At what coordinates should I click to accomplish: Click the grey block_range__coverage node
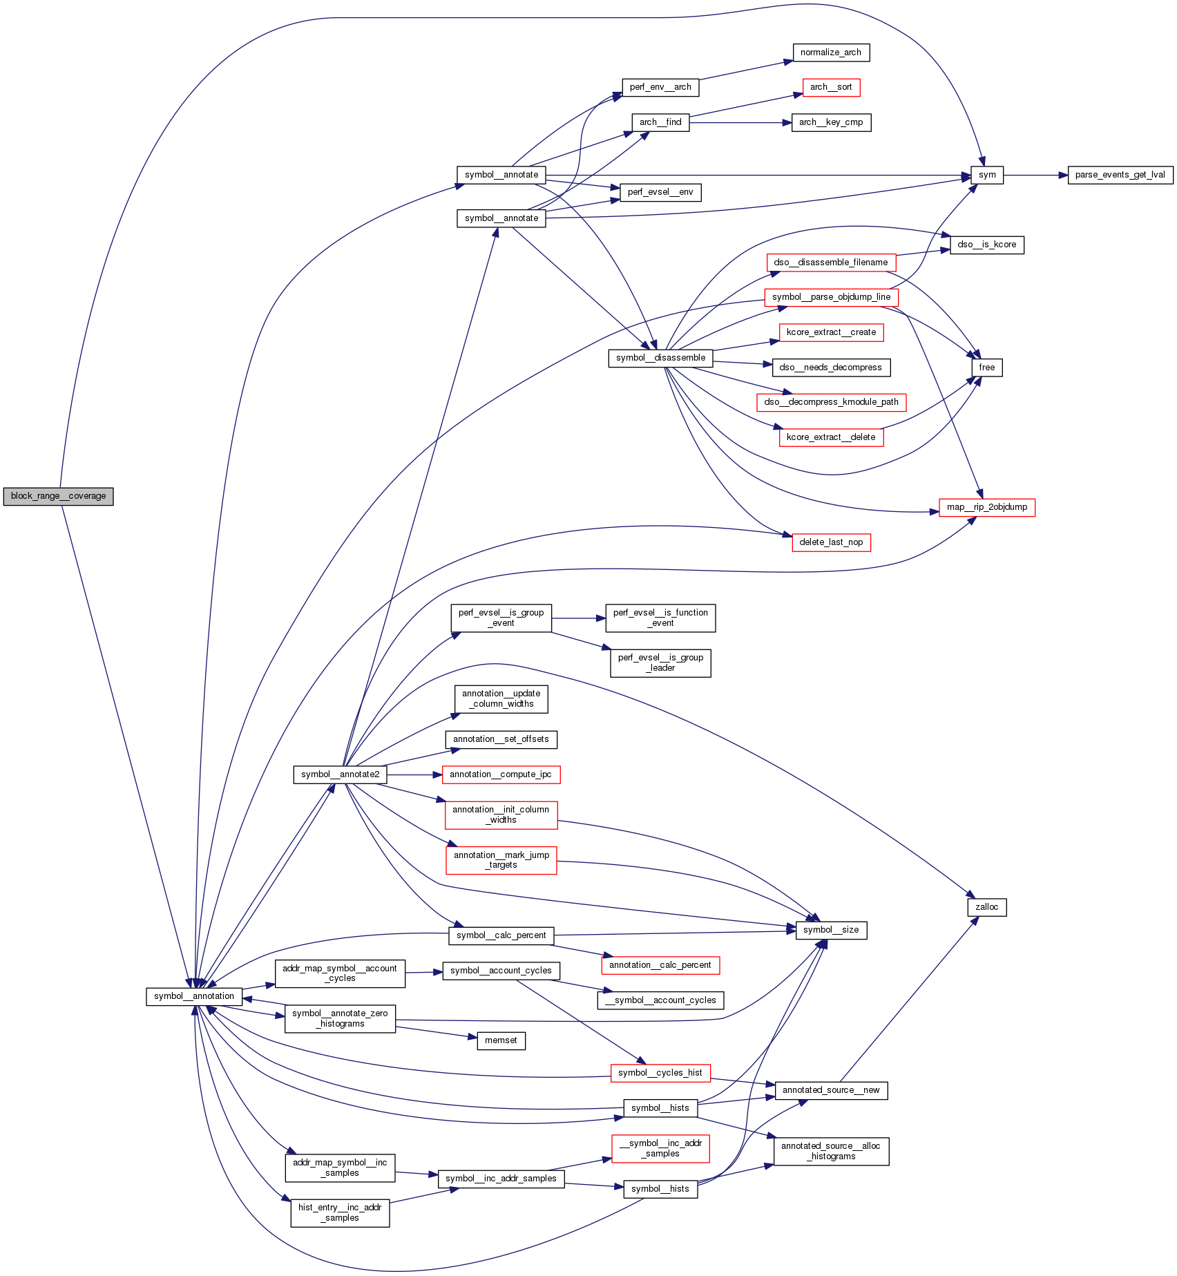(58, 496)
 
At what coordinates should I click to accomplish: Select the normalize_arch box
(830, 53)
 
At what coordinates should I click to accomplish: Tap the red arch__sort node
(831, 87)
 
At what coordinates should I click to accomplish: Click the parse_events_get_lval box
(1120, 175)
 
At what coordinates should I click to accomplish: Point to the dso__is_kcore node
(986, 245)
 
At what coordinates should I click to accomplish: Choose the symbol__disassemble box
(660, 358)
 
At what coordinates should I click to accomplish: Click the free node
(986, 368)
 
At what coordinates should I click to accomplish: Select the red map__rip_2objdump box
(986, 507)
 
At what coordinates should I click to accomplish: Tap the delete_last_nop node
(831, 542)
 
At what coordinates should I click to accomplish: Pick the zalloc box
(986, 907)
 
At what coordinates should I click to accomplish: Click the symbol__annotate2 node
(340, 774)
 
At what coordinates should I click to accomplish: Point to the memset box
(501, 1040)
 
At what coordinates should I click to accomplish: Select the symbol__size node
(831, 930)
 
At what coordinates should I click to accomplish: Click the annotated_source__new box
(831, 1090)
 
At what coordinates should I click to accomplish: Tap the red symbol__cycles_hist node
(660, 1073)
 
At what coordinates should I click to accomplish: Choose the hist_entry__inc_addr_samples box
(340, 1212)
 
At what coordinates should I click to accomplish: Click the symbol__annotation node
(194, 996)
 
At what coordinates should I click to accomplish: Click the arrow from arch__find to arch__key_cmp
(740, 123)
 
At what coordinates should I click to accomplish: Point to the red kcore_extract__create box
(831, 332)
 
